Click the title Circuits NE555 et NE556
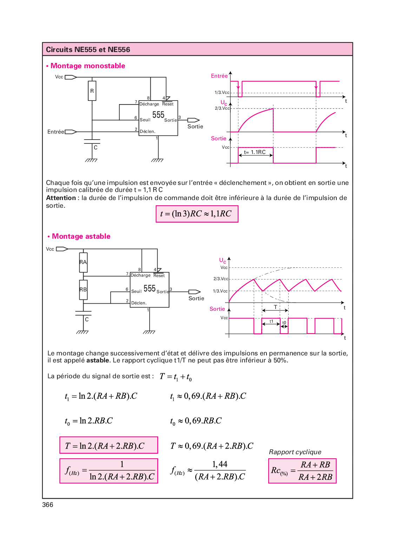click(x=88, y=50)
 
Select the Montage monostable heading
click(x=87, y=66)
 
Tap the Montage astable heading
click(x=81, y=236)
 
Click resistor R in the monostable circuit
click(x=92, y=91)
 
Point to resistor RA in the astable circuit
click(x=83, y=262)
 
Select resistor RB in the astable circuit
click(x=83, y=290)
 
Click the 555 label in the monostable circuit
click(x=158, y=115)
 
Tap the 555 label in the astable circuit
click(x=150, y=289)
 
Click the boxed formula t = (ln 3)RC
click(x=197, y=214)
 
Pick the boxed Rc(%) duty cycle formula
click(x=302, y=471)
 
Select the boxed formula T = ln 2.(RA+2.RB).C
click(x=108, y=445)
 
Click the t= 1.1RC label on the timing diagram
click(x=255, y=152)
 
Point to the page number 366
click(x=48, y=505)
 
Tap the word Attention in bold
click(x=61, y=198)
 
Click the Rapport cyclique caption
click(x=295, y=452)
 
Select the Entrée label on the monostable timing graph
click(x=219, y=76)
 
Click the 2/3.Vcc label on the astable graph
click(x=220, y=279)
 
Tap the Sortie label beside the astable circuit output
click(x=196, y=298)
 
